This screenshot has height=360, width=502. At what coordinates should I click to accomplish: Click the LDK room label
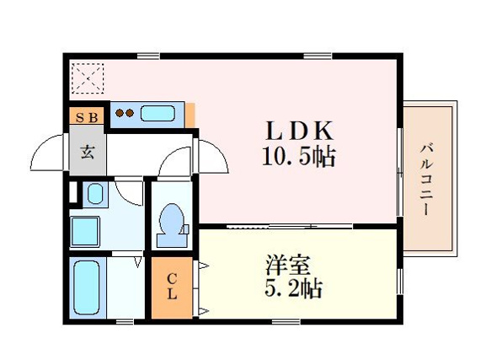coord(299,131)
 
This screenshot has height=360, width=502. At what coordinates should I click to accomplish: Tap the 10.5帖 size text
coord(299,156)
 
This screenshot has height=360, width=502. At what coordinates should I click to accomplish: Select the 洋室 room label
coord(288,265)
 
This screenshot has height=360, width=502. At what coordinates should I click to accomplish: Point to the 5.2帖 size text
coord(293,288)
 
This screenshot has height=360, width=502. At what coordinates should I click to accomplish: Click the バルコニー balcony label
coord(427,180)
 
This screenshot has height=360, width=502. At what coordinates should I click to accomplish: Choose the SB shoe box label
coord(87,118)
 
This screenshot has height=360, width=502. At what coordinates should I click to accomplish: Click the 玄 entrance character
coord(87,152)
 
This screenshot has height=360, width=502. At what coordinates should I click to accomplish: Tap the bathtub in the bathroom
coord(87,287)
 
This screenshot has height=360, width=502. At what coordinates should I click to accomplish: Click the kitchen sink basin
coord(158,113)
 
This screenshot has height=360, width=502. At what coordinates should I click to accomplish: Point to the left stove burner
coord(120,113)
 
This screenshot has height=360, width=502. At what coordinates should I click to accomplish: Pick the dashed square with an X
coord(88,78)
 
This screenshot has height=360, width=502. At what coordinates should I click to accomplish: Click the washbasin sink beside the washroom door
coord(95,193)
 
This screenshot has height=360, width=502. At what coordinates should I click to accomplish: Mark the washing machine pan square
coord(85,232)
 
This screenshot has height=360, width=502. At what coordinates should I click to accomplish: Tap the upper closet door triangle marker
coord(203,266)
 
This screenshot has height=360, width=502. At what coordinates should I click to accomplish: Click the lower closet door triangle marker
coord(203,310)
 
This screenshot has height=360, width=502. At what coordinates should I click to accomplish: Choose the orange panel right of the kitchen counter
coord(190,115)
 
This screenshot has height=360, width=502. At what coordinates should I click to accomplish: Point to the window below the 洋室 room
coord(286,321)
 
